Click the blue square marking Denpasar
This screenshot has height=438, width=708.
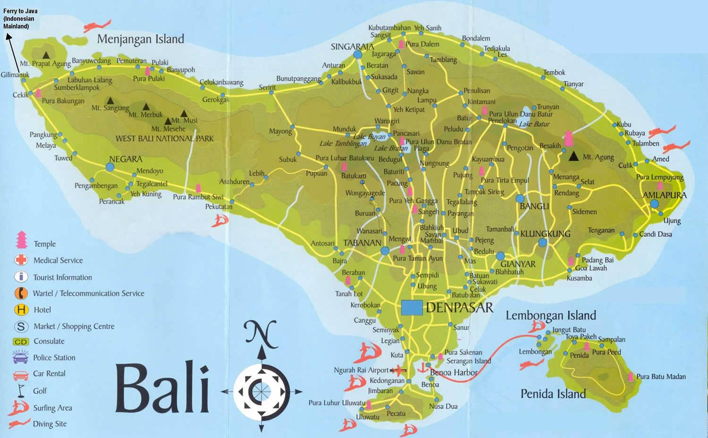[x=412, y=308]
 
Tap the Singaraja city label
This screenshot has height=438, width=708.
[x=352, y=47]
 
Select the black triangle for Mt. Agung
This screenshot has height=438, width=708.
[x=573, y=156]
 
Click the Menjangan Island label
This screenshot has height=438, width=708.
[x=140, y=39]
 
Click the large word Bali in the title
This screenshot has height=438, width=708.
[x=162, y=387]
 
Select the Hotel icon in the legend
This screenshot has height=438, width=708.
[x=21, y=310]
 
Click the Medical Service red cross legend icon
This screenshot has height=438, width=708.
[x=21, y=260]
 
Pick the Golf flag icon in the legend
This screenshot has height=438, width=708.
[x=21, y=390]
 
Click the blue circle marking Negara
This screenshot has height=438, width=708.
[x=110, y=167]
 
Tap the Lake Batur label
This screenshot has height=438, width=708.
[x=534, y=124]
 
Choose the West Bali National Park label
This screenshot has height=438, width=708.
[x=165, y=138]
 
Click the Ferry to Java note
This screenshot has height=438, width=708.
[x=20, y=18]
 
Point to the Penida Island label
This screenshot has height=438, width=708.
[x=553, y=394]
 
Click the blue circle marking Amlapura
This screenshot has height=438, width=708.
[x=654, y=204]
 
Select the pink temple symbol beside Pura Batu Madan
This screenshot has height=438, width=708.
[x=631, y=377]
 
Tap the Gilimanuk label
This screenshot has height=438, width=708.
[x=15, y=75]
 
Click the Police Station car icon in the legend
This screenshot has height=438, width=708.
[x=21, y=357]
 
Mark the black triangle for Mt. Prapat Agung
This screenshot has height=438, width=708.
[x=46, y=55]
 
